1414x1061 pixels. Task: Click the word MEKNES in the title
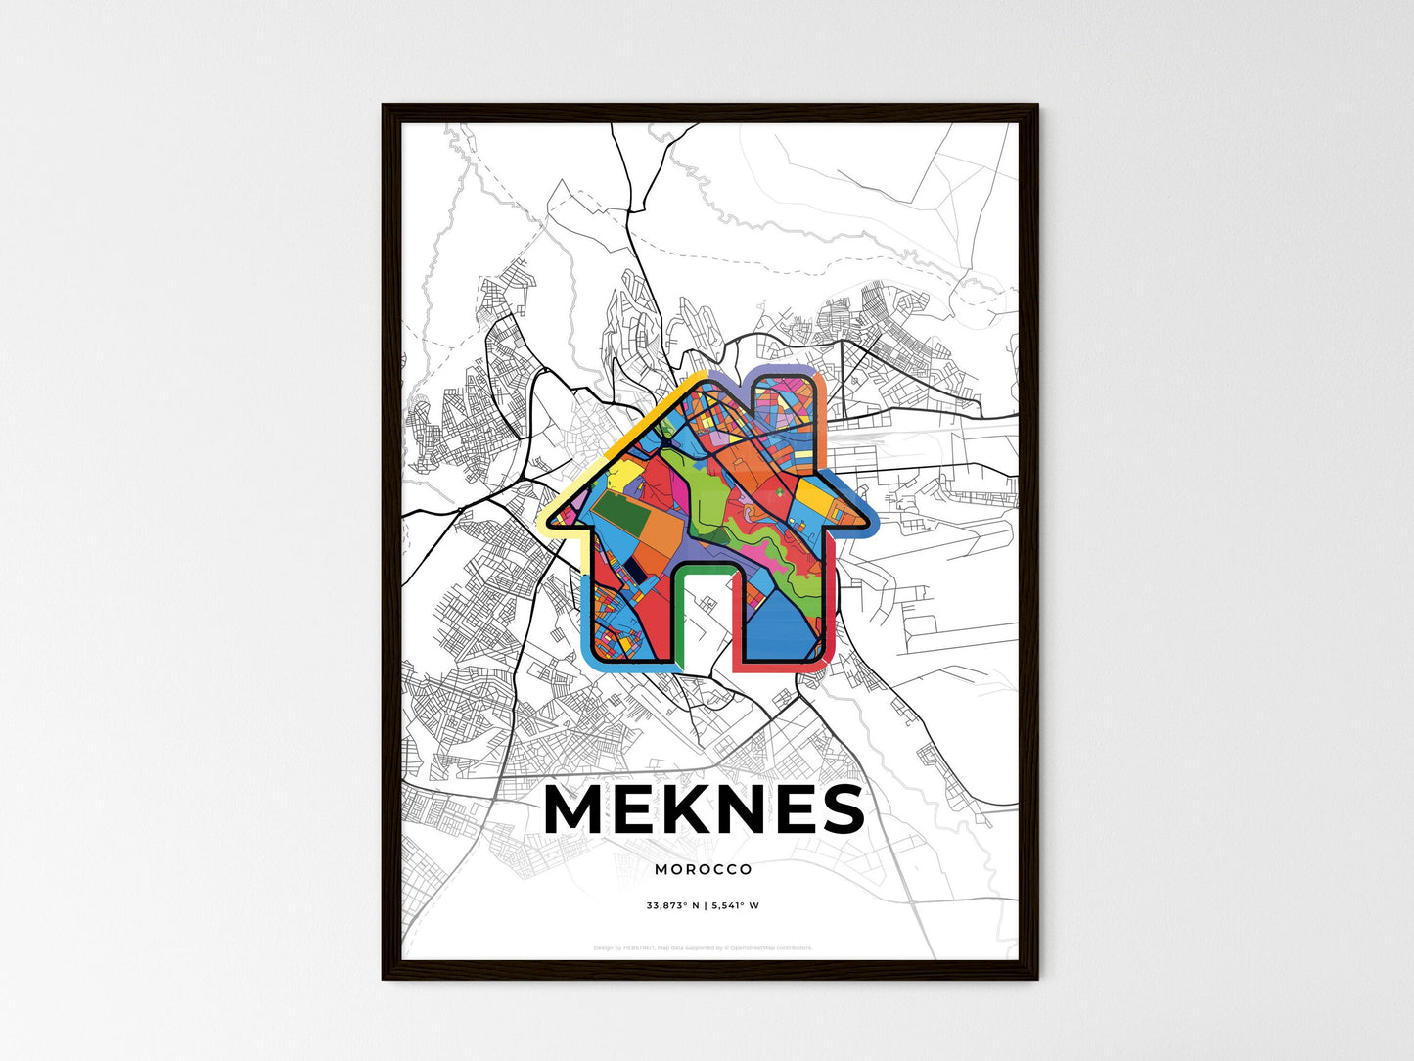[x=704, y=808]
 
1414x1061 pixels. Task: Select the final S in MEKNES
[x=841, y=808]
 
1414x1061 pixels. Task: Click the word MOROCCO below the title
[x=704, y=869]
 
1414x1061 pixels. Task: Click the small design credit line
[x=704, y=947]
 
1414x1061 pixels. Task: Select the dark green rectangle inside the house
[x=614, y=512]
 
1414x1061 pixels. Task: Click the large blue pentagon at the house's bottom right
[x=783, y=626]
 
